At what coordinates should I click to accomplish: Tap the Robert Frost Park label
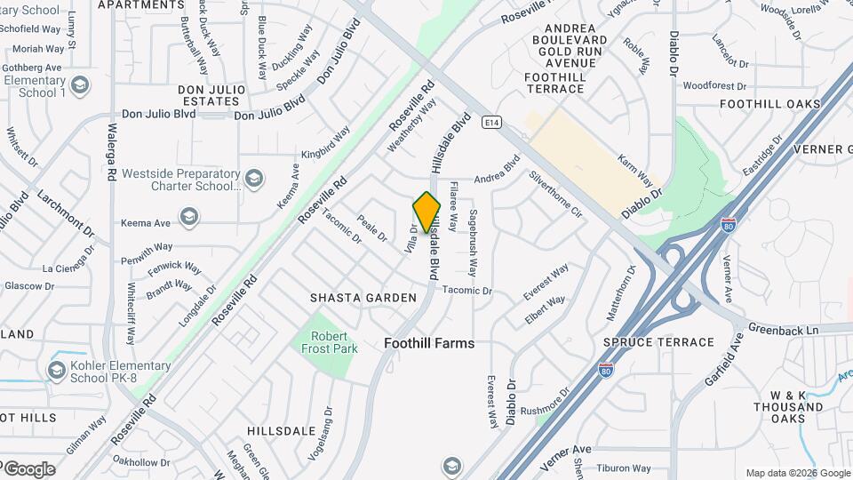coord(334,342)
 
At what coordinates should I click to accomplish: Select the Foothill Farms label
coord(430,343)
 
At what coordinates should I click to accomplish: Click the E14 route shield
coord(490,122)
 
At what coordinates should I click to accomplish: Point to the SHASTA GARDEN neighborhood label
coord(363,298)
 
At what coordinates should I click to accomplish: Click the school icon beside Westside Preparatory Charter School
coord(253,180)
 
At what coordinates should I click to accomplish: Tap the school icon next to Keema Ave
coord(188,217)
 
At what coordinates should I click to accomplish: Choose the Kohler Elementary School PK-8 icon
coord(57,370)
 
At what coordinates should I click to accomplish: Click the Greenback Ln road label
coord(783,330)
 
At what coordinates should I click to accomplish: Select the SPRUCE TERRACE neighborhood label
coord(658,342)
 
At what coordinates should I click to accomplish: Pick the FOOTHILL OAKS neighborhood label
coord(770,104)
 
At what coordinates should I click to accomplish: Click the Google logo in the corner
coord(28,469)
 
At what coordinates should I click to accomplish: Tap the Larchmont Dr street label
coord(66,214)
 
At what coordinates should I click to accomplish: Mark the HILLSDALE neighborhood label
coord(283,430)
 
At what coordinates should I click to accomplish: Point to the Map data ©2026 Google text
coord(797,473)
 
